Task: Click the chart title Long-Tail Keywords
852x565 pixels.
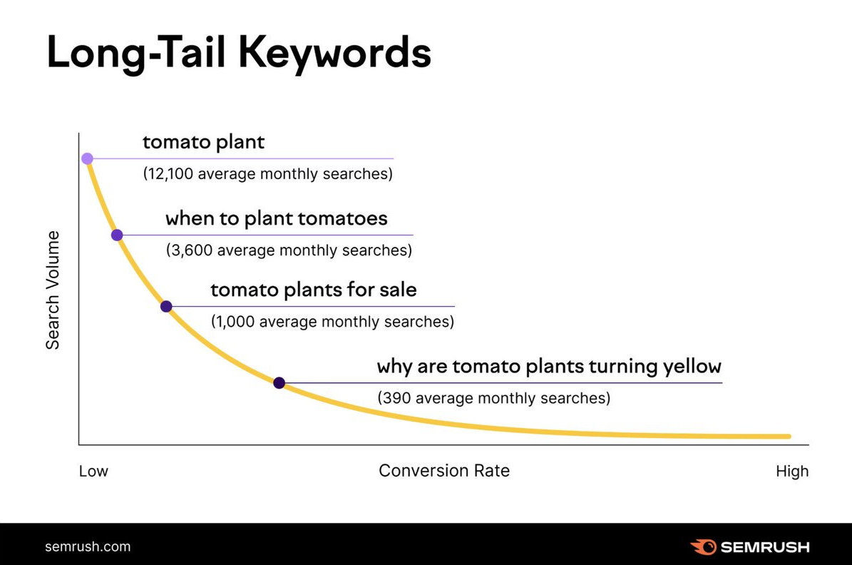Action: [239, 54]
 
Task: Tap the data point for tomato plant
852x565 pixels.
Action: [87, 158]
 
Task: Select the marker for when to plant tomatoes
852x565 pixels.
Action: [117, 235]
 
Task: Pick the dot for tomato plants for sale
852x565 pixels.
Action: [166, 307]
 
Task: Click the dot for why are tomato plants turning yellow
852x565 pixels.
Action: [279, 383]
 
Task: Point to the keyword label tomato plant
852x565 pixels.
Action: [203, 142]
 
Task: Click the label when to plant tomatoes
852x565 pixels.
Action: [277, 218]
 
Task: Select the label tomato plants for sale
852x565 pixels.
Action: [314, 290]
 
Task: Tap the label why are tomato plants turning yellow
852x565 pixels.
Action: [549, 367]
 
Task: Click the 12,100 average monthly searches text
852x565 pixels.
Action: [268, 174]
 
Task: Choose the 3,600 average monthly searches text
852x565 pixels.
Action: [289, 250]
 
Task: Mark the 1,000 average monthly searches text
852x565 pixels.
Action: [332, 322]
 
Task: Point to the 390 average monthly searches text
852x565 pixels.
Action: [493, 398]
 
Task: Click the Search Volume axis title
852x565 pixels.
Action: [53, 290]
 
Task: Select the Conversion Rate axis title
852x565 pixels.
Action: [444, 471]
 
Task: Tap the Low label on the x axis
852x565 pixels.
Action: [93, 472]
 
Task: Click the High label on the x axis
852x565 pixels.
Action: [792, 472]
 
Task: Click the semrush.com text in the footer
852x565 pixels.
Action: [88, 547]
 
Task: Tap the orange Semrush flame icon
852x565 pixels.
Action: [703, 547]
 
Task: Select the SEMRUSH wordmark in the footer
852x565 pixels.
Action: [765, 548]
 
